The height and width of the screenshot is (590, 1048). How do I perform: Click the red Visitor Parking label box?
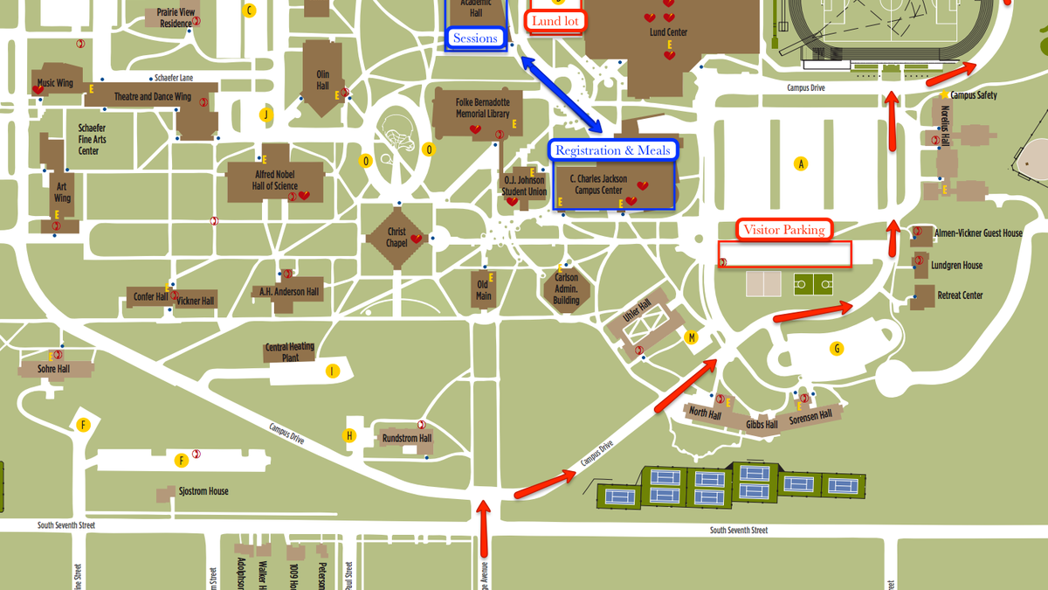784,230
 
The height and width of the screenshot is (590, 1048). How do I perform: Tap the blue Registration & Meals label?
613,150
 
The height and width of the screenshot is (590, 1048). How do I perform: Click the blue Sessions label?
475,38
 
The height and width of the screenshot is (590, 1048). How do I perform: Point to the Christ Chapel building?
397,237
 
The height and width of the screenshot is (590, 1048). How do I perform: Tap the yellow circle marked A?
799,163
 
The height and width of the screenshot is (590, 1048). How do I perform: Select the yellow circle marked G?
837,349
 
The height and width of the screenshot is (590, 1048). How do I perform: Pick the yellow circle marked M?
692,337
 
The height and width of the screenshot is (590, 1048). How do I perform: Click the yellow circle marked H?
349,435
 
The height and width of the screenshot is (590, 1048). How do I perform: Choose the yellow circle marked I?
332,371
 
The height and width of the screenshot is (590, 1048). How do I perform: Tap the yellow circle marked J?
266,115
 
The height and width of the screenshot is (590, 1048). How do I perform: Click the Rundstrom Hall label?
407,438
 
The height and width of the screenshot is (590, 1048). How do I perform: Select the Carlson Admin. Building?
567,289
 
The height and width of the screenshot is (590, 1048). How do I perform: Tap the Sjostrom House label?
203,491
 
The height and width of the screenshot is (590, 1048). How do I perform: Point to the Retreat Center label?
960,295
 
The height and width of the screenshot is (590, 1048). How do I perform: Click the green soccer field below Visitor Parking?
812,284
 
